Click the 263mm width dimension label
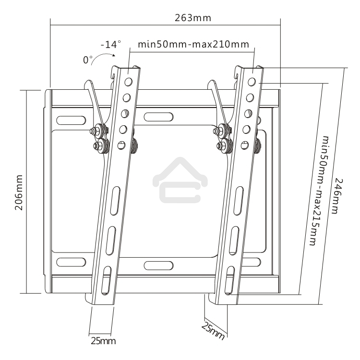[193, 18]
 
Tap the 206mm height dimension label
[19, 192]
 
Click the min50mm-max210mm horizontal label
[193, 44]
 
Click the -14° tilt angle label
[111, 44]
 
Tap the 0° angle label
[88, 60]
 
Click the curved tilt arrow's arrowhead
[114, 55]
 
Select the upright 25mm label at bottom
[103, 341]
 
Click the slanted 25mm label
[213, 330]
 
